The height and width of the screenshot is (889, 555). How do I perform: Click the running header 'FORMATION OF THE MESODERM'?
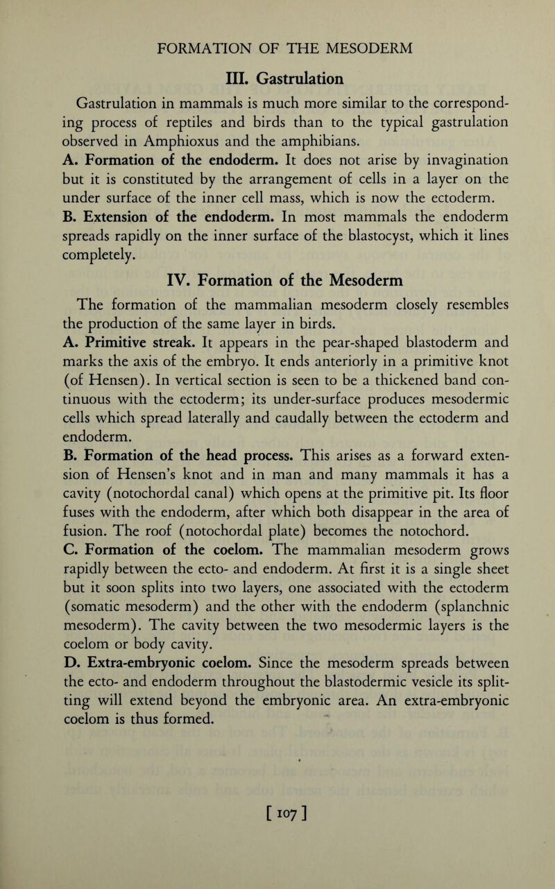[277, 47]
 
